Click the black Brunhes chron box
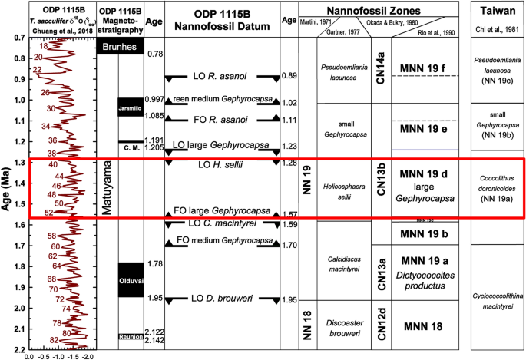click(x=121, y=47)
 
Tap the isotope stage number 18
click(x=43, y=47)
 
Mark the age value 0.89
click(x=289, y=75)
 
